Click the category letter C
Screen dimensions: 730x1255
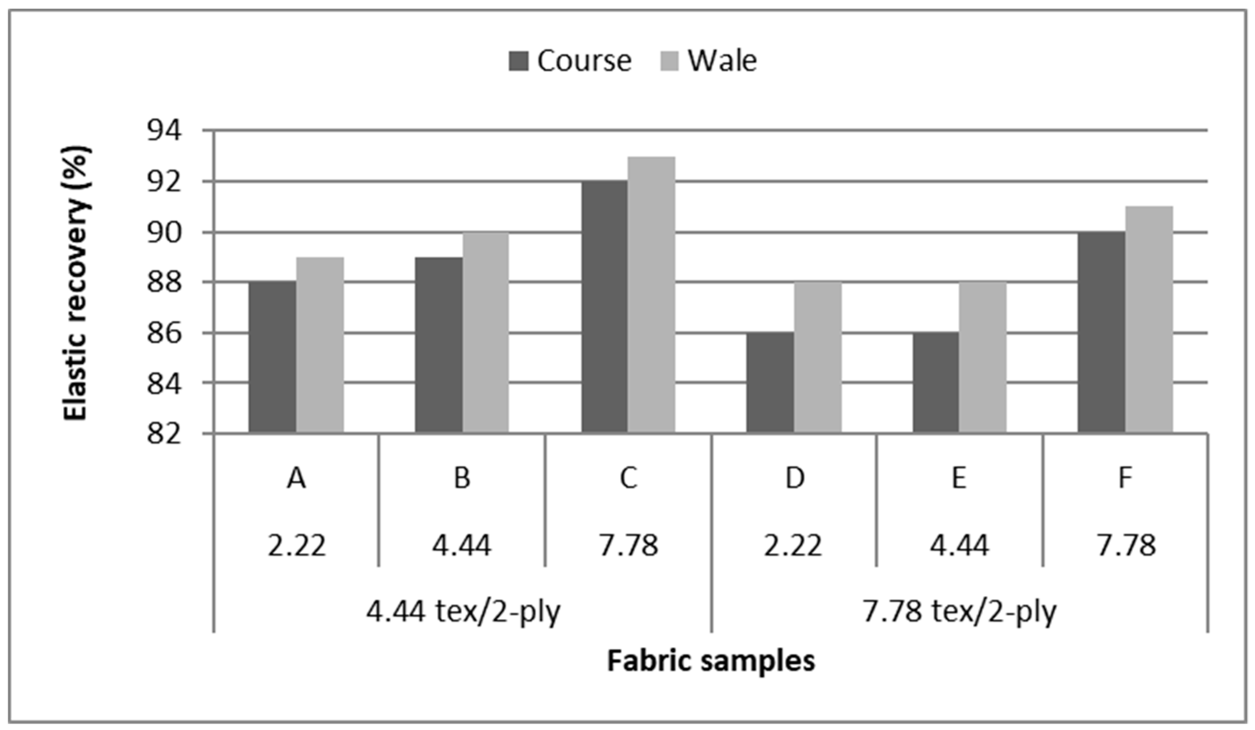coord(628,478)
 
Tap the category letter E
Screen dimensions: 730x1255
coord(959,478)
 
